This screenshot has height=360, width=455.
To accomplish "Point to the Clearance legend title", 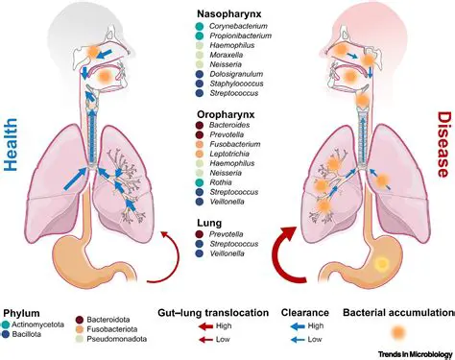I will click(x=305, y=313).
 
